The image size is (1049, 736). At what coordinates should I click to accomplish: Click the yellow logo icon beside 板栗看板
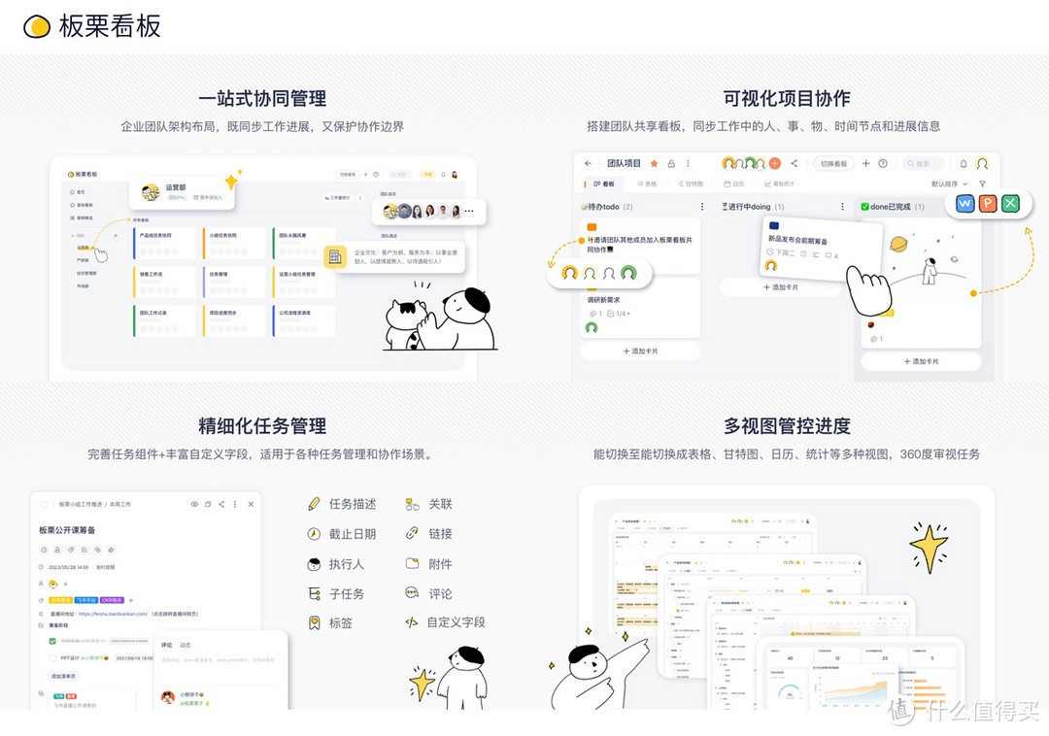pos(37,26)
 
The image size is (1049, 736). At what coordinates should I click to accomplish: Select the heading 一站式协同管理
pos(262,98)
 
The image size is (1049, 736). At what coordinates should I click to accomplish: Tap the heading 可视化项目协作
pos(787,98)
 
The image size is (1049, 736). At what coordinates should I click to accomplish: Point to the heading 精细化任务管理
pos(262,425)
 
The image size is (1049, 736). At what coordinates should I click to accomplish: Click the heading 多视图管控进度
pos(787,425)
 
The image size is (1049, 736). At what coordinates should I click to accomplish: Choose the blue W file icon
pos(964,203)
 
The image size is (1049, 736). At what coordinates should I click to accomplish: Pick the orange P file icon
pos(988,203)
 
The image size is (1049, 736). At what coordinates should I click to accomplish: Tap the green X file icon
pos(1011,203)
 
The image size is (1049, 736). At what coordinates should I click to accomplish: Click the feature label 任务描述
pos(352,504)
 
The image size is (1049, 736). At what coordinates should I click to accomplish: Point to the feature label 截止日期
pos(352,534)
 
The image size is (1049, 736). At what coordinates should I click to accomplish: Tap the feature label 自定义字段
pos(456,622)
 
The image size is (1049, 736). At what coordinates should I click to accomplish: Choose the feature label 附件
pos(440,564)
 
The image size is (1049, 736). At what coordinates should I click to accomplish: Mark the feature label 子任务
pos(347,593)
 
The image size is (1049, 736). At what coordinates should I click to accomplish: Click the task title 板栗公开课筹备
pos(67,530)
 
